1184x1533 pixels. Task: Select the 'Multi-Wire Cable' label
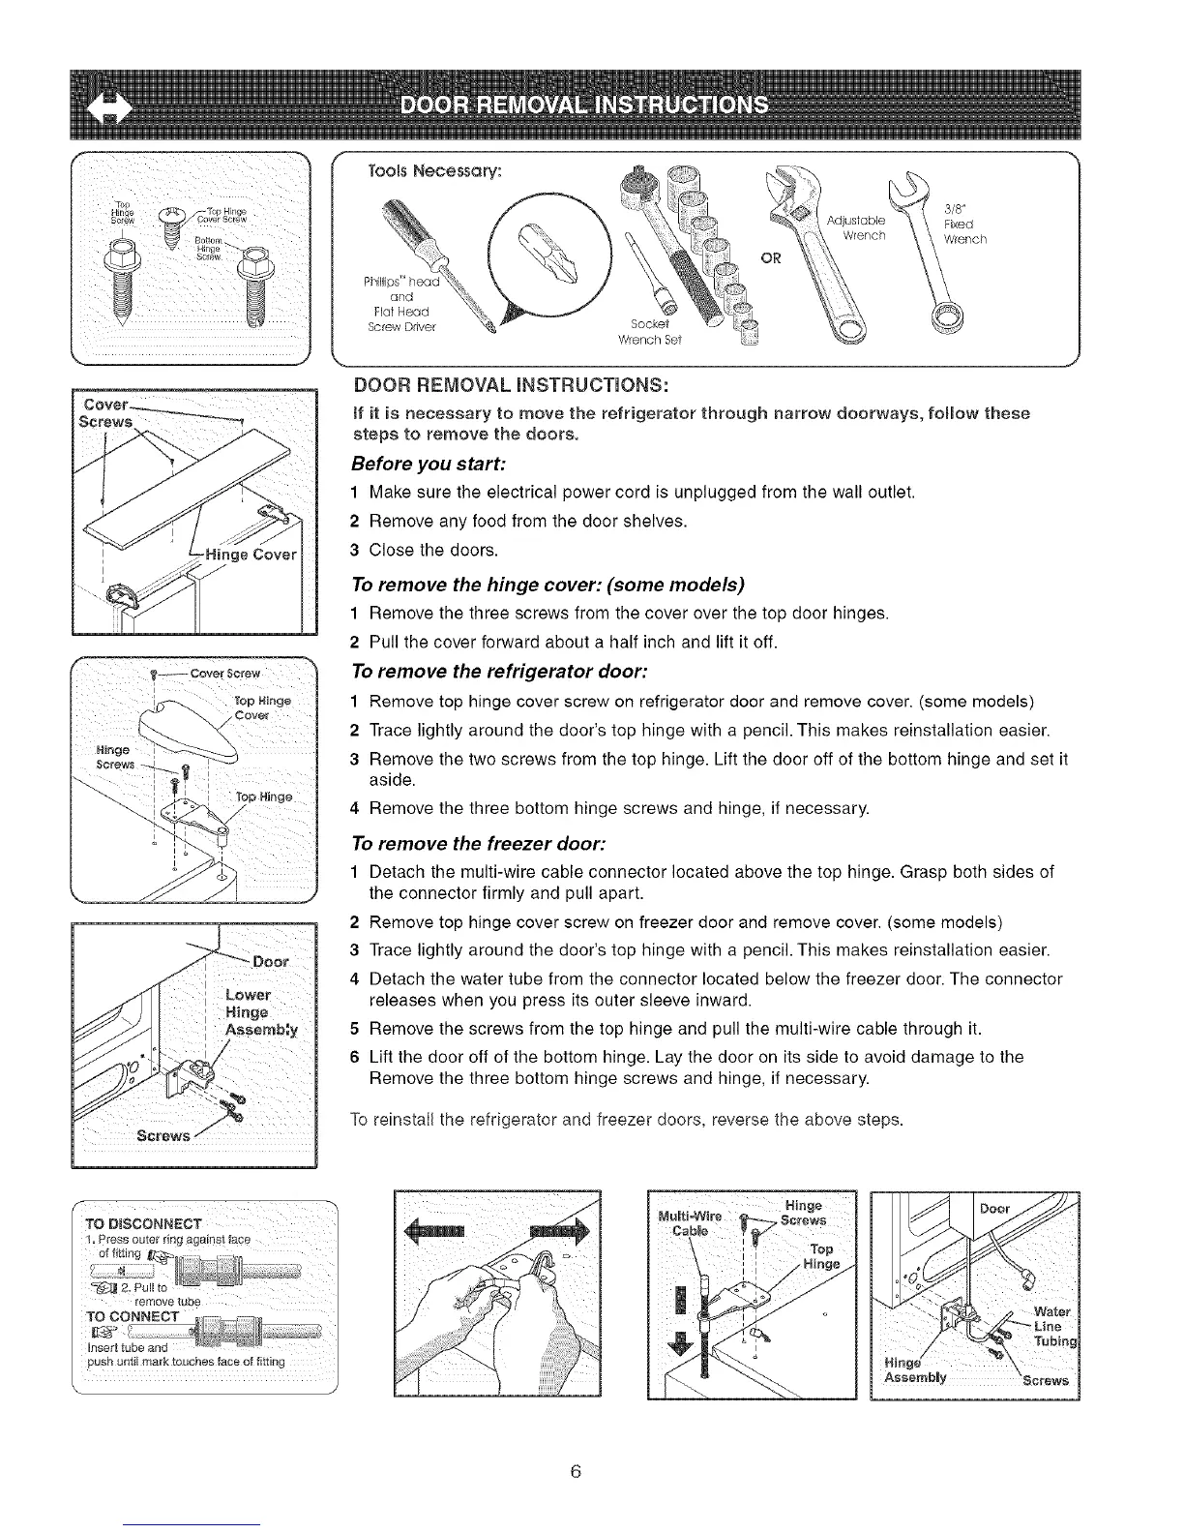coord(688,1223)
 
